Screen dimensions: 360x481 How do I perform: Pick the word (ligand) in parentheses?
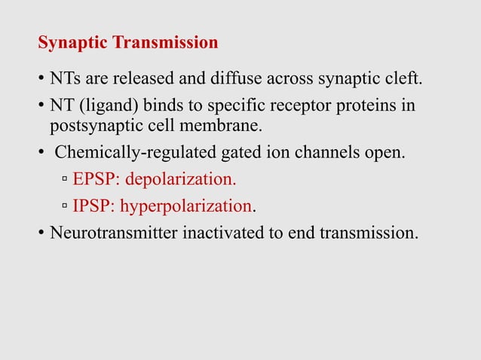click(x=102, y=105)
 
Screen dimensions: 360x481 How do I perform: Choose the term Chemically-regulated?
click(x=127, y=154)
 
